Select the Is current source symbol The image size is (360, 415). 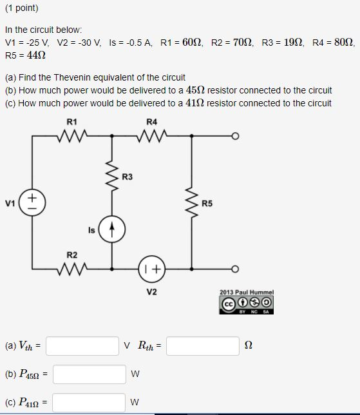(x=112, y=229)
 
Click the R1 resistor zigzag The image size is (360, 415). (x=72, y=136)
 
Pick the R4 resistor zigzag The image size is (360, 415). (x=151, y=136)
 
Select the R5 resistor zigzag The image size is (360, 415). (x=191, y=203)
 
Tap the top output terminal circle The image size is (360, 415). (x=236, y=136)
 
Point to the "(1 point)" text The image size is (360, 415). (x=22, y=9)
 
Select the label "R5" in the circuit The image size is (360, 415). (x=207, y=204)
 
